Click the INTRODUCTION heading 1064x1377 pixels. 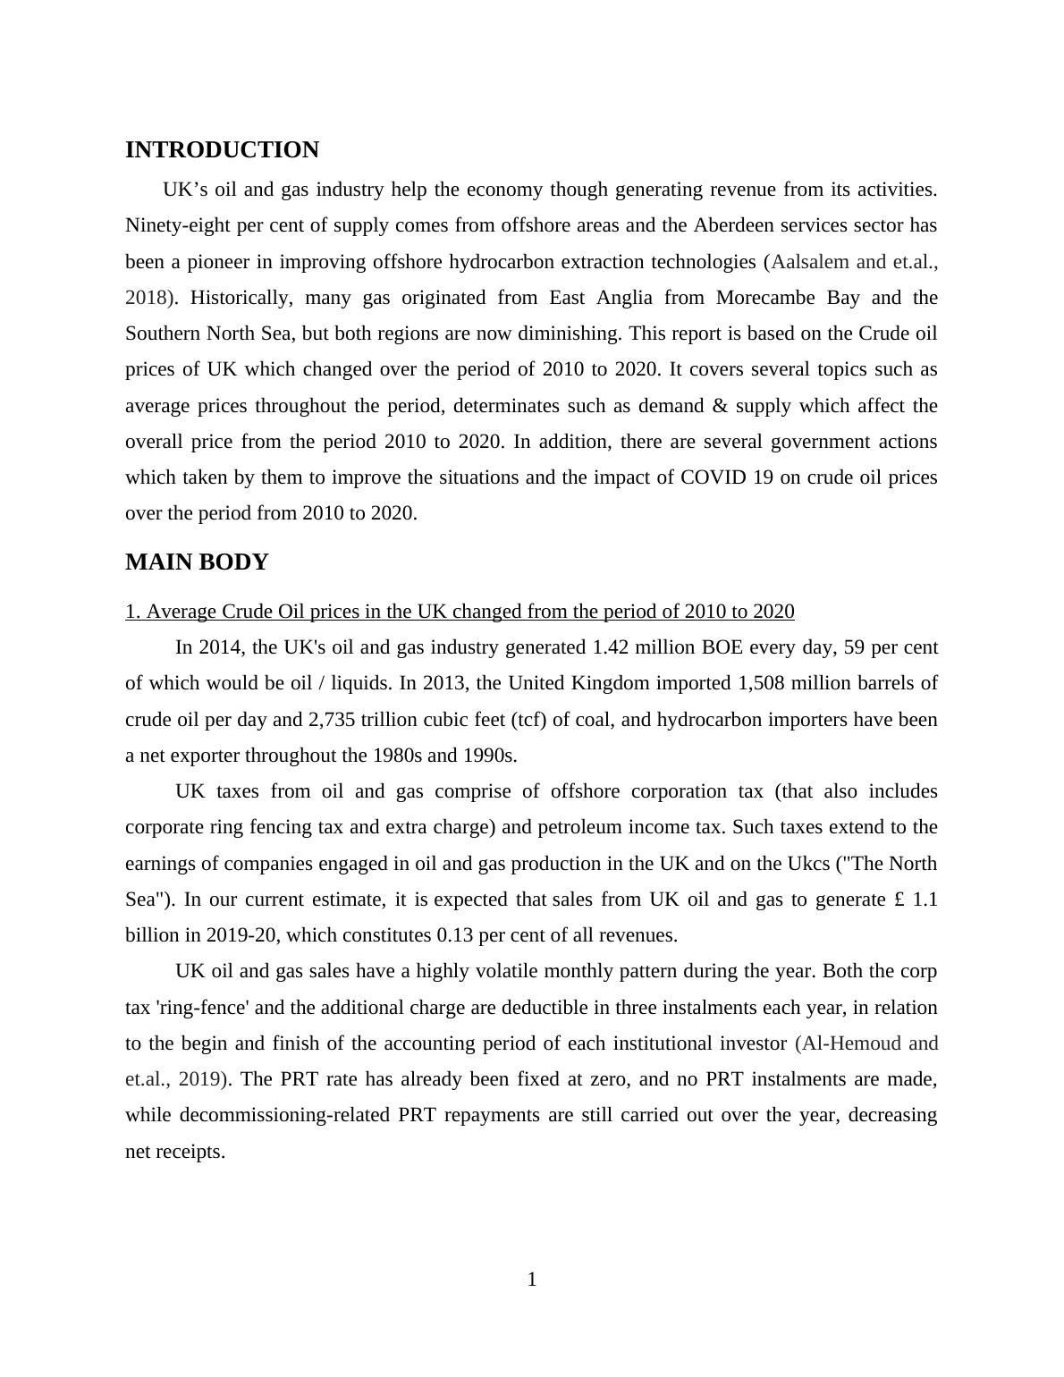pyautogui.click(x=222, y=150)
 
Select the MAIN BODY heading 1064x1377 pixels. pyautogui.click(x=197, y=562)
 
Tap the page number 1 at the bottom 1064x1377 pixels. pyautogui.click(x=532, y=1280)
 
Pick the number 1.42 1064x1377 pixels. pyautogui.click(x=612, y=647)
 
